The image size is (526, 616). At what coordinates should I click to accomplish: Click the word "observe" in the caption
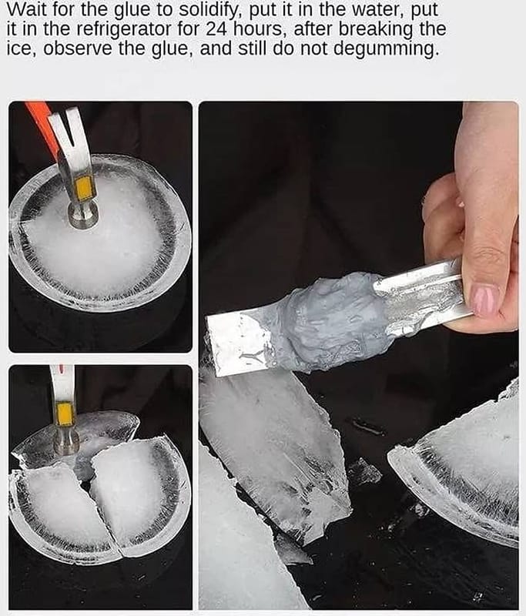click(x=78, y=49)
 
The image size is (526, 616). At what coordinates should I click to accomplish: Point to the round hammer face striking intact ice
click(x=82, y=217)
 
